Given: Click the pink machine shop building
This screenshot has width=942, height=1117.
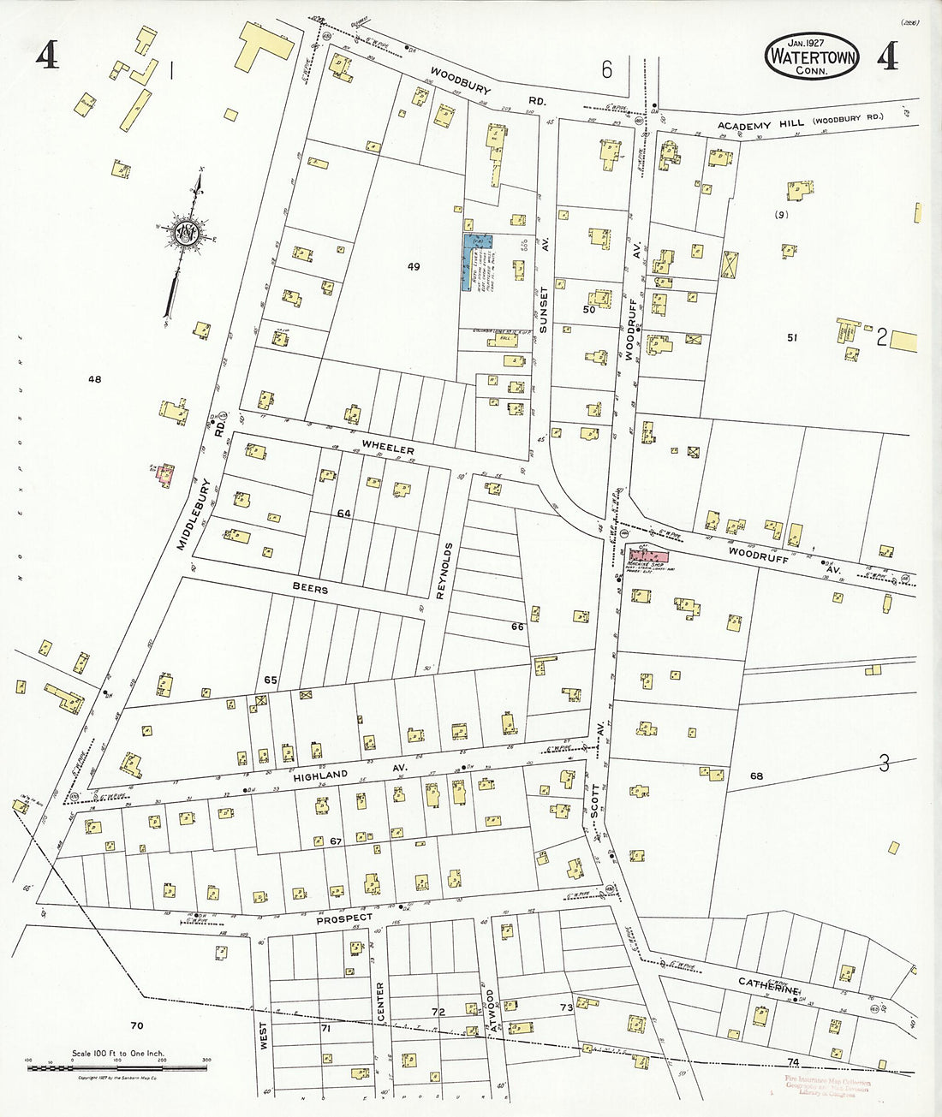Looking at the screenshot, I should coord(648,556).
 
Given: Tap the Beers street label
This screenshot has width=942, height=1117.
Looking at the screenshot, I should coord(310,589).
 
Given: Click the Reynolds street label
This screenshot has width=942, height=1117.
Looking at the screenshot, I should coord(442,571).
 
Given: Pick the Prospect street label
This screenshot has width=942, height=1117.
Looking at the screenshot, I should coord(344,918).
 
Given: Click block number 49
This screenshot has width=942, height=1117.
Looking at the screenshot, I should coord(414,267).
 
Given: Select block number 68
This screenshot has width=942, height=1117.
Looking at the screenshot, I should coord(756,776).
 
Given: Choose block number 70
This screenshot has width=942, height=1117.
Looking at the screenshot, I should coord(136,1025).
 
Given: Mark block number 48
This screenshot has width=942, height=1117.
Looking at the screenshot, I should coord(94,377).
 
